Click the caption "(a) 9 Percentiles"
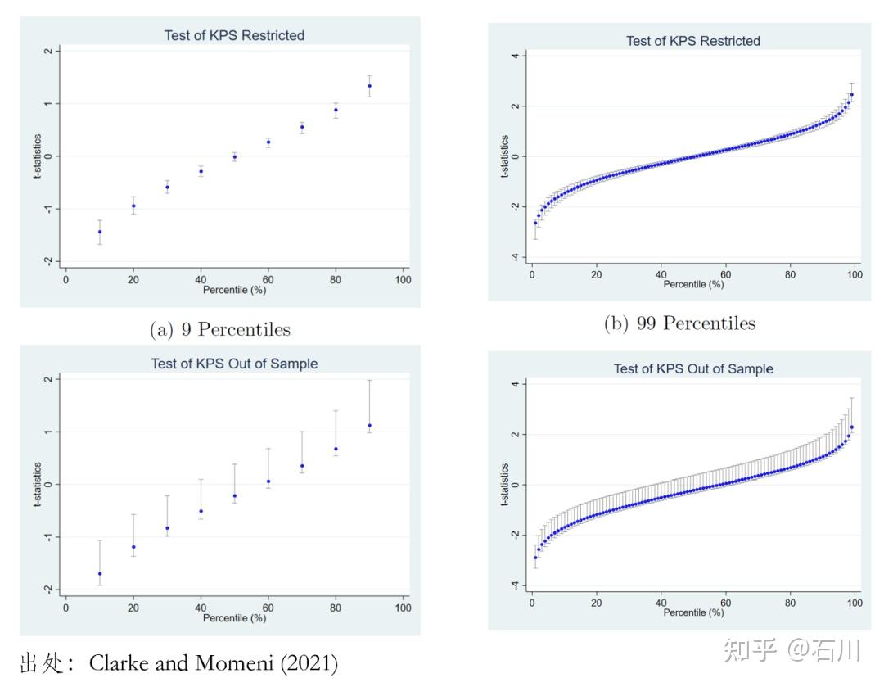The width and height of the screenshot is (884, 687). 220,329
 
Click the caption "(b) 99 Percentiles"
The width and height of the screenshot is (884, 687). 679,323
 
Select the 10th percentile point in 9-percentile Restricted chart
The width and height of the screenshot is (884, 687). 100,232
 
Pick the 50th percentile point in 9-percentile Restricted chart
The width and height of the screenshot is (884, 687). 235,156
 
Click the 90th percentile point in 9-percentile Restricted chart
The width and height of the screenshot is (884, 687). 369,86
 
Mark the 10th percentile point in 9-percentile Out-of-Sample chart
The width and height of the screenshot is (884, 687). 100,573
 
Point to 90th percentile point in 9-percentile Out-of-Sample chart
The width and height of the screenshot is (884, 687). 369,425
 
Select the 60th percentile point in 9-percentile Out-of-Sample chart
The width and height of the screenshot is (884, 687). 268,481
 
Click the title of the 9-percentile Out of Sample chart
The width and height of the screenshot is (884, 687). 234,364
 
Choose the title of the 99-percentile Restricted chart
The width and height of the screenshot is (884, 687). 693,41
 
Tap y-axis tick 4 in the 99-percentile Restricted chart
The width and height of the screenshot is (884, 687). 514,56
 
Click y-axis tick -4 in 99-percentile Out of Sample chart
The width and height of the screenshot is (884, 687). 514,585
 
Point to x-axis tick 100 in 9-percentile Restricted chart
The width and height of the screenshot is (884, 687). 403,280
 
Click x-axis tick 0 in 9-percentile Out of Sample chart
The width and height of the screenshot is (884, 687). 66,608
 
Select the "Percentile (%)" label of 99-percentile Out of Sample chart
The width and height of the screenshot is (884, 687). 693,612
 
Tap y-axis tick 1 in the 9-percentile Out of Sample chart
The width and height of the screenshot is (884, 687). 49,432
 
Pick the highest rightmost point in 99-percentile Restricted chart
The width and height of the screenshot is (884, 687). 851,94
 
